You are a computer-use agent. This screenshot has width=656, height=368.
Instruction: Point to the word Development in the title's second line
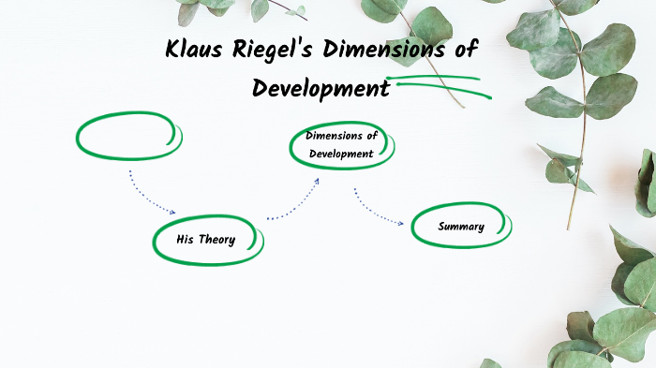(321, 89)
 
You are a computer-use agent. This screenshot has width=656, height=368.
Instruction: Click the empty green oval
(128, 137)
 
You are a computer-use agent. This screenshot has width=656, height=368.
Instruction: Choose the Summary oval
(461, 227)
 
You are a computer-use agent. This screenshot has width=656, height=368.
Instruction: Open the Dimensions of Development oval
(342, 145)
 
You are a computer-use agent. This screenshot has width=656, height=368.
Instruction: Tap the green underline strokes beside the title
(439, 83)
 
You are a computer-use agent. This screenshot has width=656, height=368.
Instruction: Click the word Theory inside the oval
(217, 241)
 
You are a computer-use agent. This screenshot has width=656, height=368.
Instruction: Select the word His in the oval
(185, 241)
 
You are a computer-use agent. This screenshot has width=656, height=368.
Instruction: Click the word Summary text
(461, 227)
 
